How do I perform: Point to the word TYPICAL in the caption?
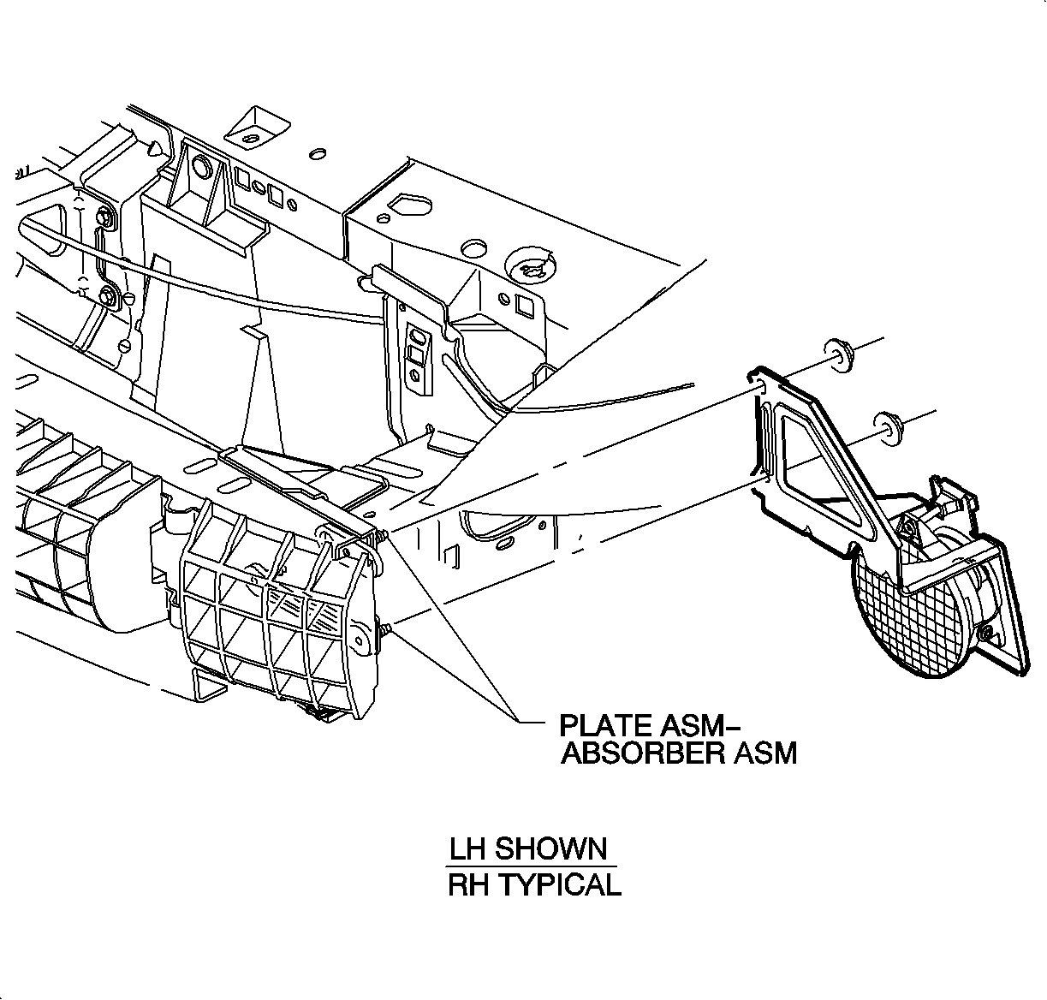click(x=559, y=884)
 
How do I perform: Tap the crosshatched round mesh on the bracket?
click(x=907, y=622)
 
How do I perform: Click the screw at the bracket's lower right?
click(x=990, y=633)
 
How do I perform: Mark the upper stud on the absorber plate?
click(x=381, y=535)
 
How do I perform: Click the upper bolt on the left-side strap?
click(x=104, y=218)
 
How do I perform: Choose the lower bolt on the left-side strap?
click(x=109, y=297)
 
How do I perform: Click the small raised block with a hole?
click(x=251, y=128)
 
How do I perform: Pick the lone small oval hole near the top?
click(x=315, y=153)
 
